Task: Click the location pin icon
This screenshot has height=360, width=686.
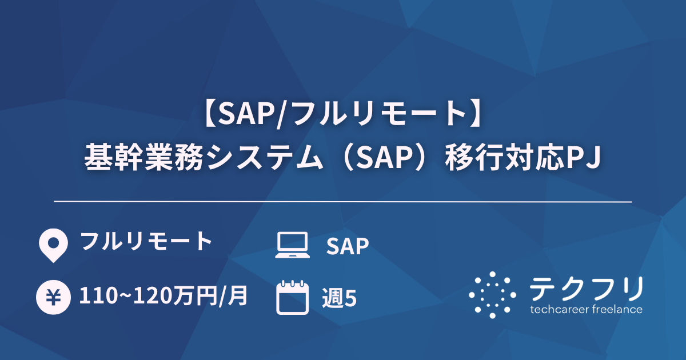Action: pyautogui.click(x=51, y=245)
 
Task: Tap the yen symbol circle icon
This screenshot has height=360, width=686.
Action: pyautogui.click(x=52, y=298)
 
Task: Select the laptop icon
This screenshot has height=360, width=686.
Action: pyautogui.click(x=292, y=245)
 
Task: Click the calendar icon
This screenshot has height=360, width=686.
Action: pyautogui.click(x=292, y=298)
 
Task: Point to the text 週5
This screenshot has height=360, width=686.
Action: pyautogui.click(x=339, y=298)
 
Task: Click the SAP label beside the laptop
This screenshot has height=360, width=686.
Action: pyautogui.click(x=347, y=246)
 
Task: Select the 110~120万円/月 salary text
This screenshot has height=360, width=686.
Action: pyautogui.click(x=163, y=297)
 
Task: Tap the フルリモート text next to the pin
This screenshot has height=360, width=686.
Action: pyautogui.click(x=146, y=242)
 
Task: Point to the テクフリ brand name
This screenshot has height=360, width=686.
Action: pyautogui.click(x=587, y=289)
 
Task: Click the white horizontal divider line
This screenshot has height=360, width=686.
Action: pyautogui.click(x=343, y=202)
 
